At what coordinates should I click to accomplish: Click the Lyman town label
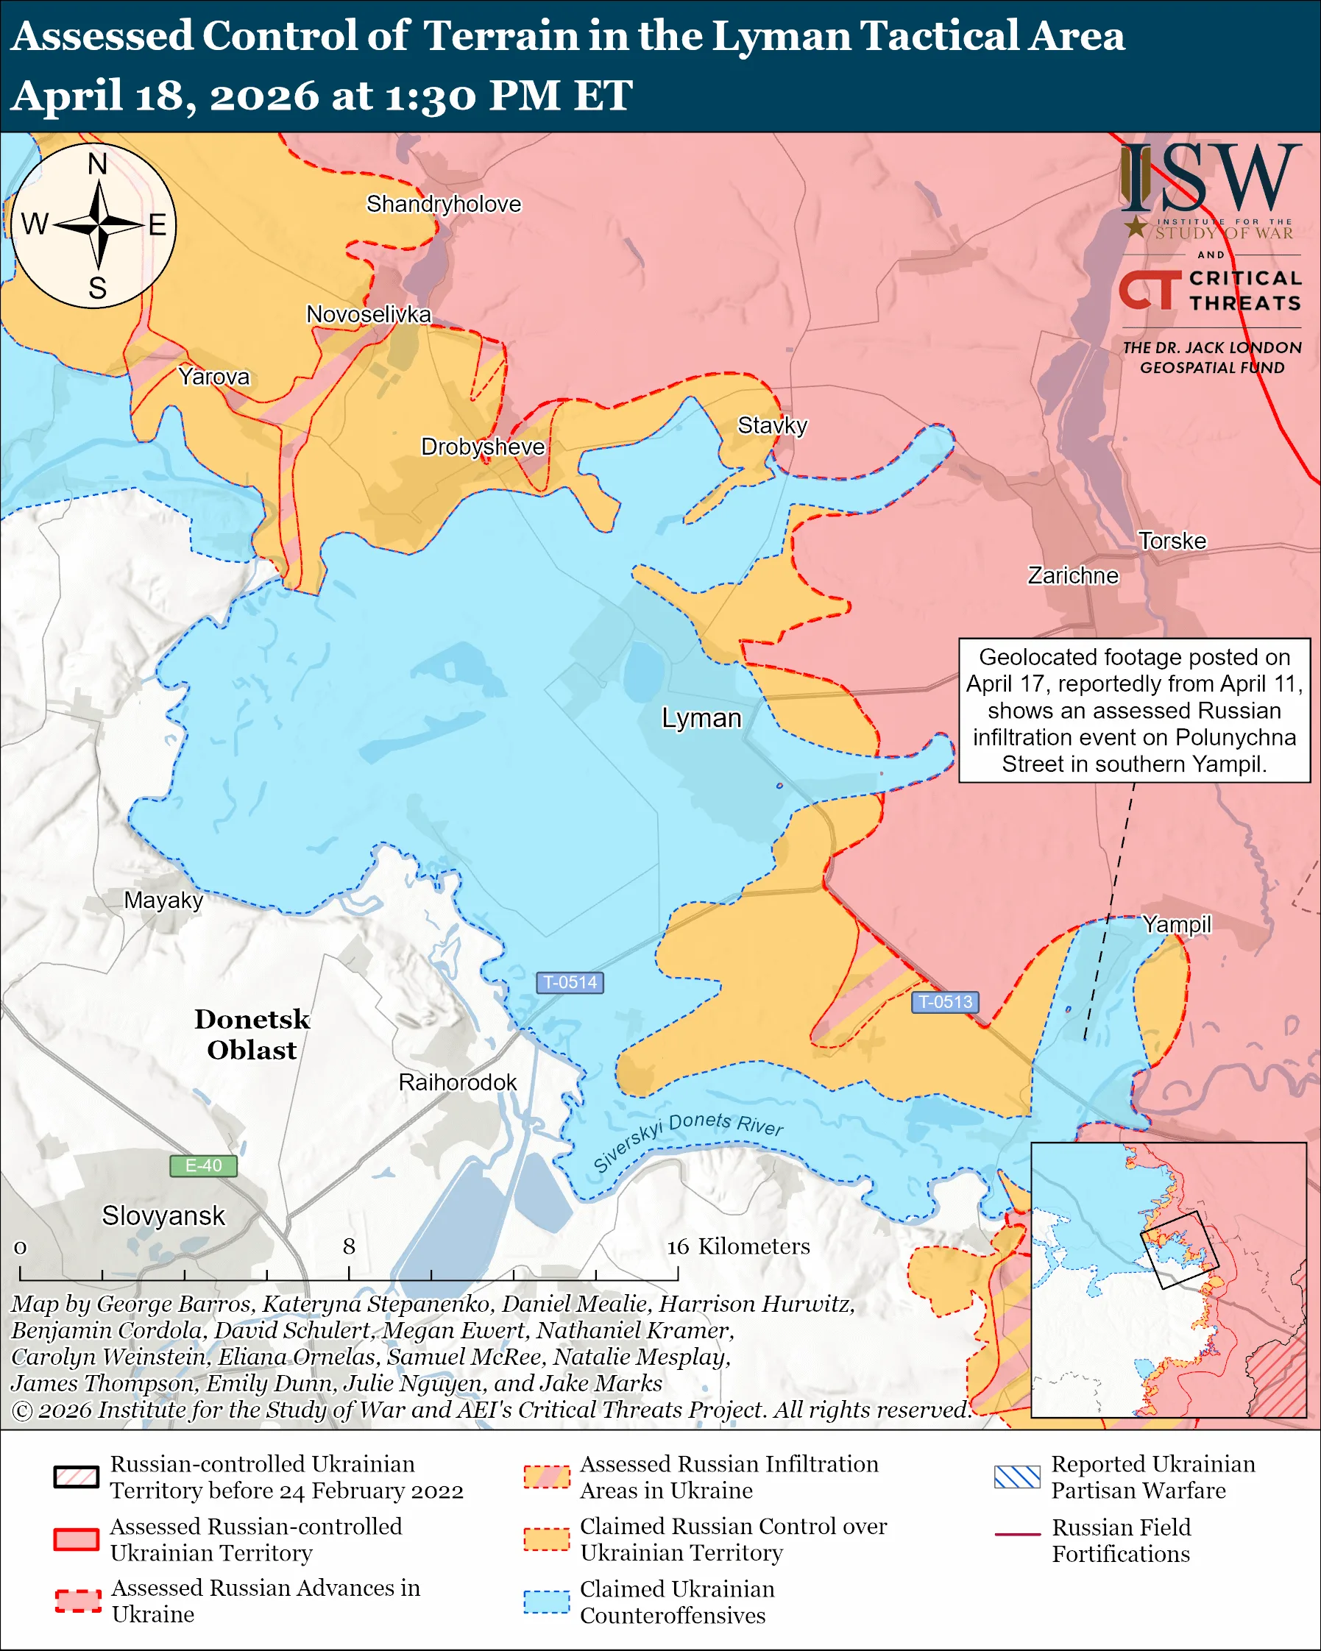[701, 718]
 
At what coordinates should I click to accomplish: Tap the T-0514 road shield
[570, 982]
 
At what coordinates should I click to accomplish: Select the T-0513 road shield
[945, 1001]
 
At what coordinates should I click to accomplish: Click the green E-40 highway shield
[203, 1165]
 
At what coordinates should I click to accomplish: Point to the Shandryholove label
[443, 205]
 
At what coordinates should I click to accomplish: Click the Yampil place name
[1176, 924]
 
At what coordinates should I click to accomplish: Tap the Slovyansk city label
[163, 1215]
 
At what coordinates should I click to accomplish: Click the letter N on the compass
[97, 164]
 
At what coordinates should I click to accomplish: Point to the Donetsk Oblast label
[252, 1034]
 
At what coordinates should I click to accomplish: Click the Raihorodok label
[457, 1082]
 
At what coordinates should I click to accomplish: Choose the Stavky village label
[772, 426]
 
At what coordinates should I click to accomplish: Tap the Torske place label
[1172, 542]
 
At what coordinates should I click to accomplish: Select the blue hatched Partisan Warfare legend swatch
[1017, 1477]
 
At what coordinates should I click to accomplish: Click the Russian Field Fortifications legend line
[1017, 1535]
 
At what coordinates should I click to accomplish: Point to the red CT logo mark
[1150, 291]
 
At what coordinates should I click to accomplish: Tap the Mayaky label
[163, 901]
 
